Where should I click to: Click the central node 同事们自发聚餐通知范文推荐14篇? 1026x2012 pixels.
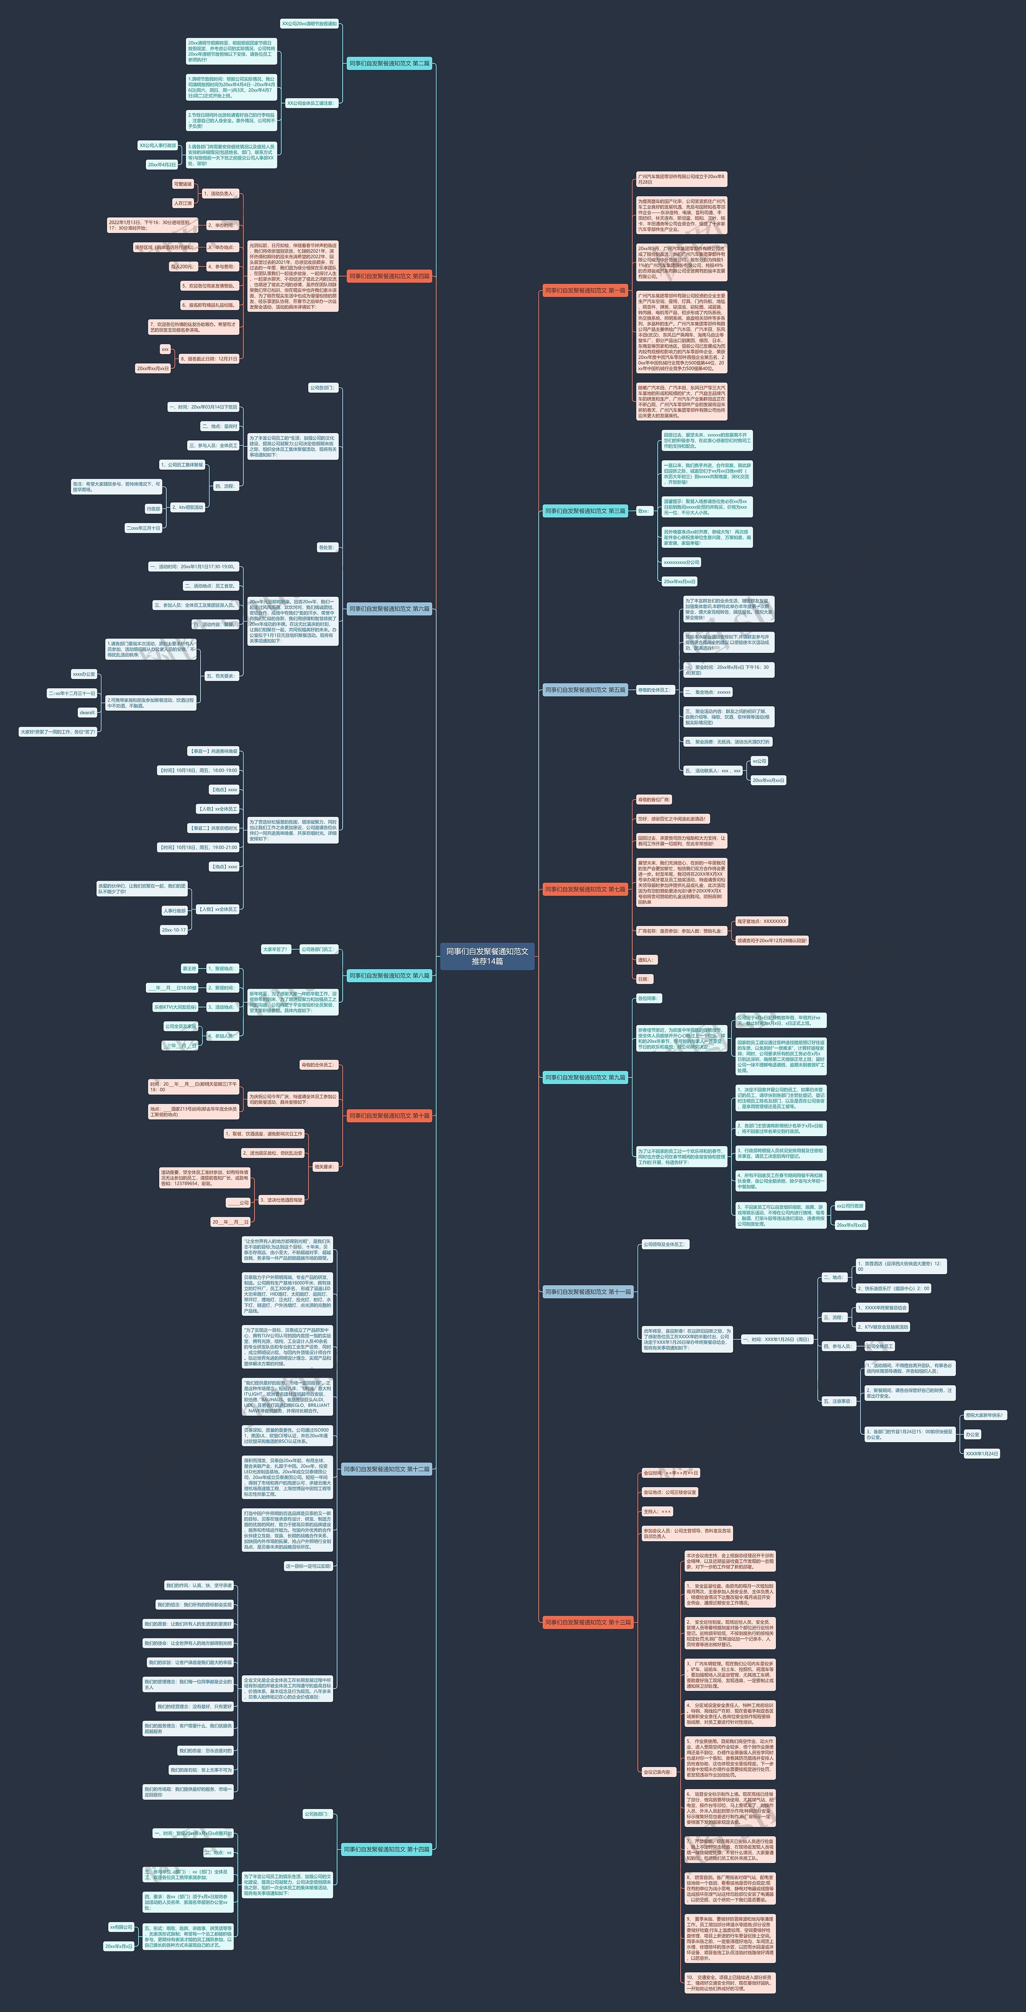487,956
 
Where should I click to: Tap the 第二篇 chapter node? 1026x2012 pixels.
389,63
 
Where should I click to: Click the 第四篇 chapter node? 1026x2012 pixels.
389,276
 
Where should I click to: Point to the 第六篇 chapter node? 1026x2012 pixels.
389,608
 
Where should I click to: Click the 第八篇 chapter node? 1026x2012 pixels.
389,976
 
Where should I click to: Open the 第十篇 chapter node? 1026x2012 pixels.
389,1115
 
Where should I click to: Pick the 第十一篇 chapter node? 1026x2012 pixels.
587,1292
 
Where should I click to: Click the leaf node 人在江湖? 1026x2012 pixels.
183,203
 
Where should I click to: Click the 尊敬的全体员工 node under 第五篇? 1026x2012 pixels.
654,690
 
